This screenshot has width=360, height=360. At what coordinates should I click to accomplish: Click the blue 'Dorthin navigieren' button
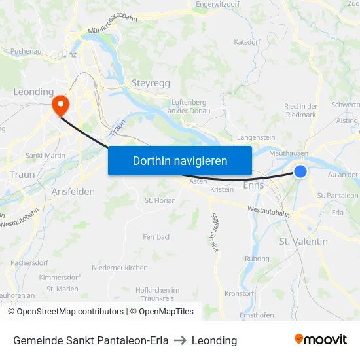coord(180,160)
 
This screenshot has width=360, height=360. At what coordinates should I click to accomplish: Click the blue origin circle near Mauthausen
coord(300,171)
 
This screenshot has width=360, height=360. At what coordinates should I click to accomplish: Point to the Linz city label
coord(69,54)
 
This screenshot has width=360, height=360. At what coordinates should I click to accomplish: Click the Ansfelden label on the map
coord(73,192)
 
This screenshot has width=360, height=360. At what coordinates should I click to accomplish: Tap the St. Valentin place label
coord(304,242)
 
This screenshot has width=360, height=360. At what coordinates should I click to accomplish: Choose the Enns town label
coord(253,185)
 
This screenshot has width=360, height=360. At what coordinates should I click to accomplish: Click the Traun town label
coord(22,175)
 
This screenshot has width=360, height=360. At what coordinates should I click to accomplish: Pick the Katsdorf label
coord(247,41)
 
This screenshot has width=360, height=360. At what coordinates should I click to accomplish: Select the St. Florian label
coord(160,200)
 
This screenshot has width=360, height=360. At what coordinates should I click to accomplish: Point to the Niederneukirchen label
coord(120,268)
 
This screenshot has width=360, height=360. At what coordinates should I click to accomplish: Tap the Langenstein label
coord(256,137)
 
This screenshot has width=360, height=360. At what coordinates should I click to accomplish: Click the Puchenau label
coord(26,50)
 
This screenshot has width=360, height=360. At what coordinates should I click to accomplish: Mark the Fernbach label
coord(157,236)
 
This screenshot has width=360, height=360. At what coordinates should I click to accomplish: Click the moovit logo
coord(321,339)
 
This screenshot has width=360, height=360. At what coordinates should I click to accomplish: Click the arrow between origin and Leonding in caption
coord(180,340)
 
